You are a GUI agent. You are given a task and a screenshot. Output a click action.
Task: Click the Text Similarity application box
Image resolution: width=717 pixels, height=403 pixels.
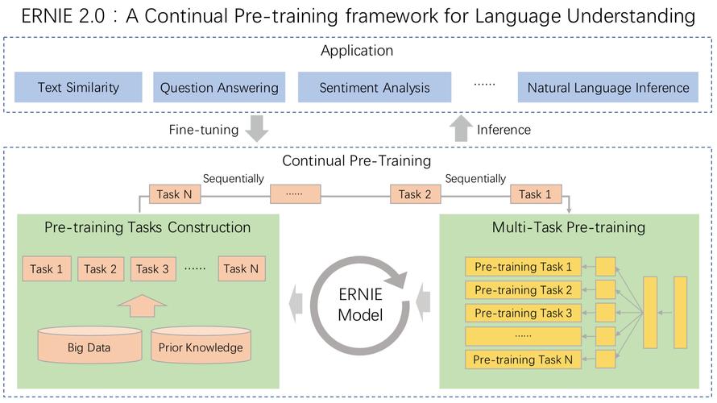pos(78,87)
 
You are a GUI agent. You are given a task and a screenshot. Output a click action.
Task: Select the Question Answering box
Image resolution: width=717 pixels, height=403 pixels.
pos(219,87)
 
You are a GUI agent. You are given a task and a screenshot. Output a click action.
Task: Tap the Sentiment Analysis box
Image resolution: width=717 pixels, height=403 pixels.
pos(375,87)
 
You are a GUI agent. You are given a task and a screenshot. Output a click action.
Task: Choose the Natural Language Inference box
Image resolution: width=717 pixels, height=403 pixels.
pos(607,87)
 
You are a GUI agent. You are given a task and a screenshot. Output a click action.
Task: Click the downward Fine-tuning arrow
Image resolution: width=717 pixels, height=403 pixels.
pos(256,128)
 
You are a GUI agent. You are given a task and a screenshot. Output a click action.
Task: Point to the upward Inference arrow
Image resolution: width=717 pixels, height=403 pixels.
pos(461,128)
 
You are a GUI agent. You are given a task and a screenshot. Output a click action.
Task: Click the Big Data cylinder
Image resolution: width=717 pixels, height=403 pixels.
pos(89,344)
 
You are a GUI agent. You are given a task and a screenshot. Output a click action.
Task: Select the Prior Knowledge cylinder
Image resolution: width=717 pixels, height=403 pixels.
pos(201,344)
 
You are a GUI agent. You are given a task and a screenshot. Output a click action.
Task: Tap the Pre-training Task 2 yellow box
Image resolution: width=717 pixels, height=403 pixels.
pos(523,290)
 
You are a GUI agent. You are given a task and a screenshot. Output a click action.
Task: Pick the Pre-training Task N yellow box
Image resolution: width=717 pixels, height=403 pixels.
pos(523,359)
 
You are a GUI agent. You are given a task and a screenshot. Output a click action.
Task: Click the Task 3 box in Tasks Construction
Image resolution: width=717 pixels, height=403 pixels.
pos(153,268)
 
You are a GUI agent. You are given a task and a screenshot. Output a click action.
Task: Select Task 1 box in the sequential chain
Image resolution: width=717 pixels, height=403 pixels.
pos(536,194)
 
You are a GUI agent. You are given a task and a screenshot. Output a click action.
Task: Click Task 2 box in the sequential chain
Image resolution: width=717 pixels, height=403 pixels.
pos(415,194)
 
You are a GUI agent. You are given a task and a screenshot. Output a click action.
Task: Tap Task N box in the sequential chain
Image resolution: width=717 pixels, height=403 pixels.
pos(175,194)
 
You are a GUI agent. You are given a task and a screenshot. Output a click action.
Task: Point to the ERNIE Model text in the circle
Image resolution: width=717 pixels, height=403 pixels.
pos(360,304)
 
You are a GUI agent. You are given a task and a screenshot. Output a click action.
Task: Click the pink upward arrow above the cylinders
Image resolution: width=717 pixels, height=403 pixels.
pos(143,306)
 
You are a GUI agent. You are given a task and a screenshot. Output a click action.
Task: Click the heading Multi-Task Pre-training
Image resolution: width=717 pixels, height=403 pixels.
pos(569,227)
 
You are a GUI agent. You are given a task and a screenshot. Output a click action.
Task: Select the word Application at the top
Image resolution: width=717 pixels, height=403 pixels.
pos(357,50)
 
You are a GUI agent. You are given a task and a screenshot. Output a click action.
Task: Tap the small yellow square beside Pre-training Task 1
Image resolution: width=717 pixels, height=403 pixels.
pos(606,267)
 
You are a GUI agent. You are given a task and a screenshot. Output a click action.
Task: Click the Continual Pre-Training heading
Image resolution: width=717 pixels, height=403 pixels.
pos(357,160)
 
